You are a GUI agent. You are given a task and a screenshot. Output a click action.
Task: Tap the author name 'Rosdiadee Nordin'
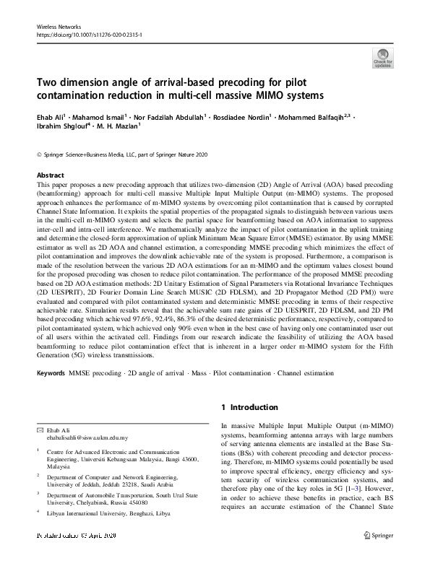[x=244, y=116]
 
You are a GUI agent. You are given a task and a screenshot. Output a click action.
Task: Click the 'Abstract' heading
[x=50, y=175]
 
